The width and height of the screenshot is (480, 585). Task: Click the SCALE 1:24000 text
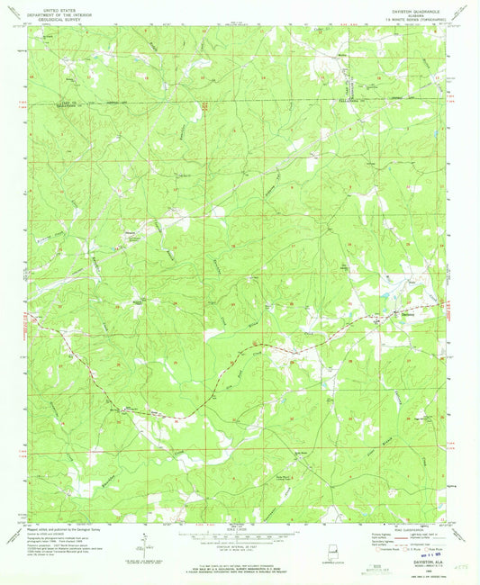239,529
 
